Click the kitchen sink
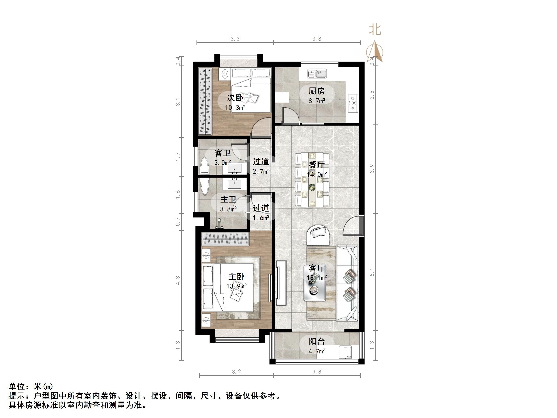317,74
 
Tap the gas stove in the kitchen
353,103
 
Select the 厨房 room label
316,91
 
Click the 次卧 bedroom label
235,97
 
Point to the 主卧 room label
236,277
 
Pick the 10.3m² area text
235,108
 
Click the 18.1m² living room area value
316,278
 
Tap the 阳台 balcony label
316,341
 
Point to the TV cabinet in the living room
281,282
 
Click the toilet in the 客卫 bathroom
205,166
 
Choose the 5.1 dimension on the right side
372,272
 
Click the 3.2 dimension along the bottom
236,372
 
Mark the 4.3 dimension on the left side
178,281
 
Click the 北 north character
375,30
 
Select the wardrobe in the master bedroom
225,239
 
